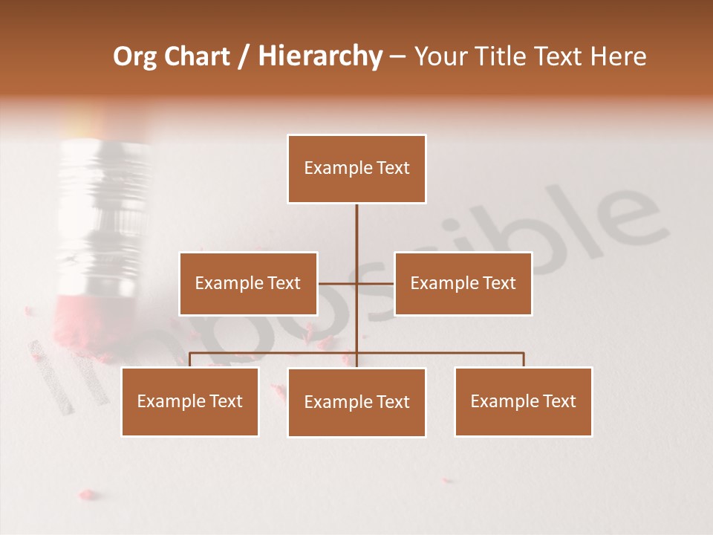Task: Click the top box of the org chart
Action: tap(356, 169)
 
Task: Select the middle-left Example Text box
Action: tap(248, 283)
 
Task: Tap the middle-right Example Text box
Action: tap(463, 283)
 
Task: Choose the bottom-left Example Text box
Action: tap(189, 401)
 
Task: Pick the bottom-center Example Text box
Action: tap(356, 402)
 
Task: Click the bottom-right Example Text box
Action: tap(523, 401)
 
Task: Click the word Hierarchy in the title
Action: tap(320, 56)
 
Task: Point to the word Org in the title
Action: tap(134, 56)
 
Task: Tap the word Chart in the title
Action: tap(197, 56)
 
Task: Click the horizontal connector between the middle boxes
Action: tap(356, 283)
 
